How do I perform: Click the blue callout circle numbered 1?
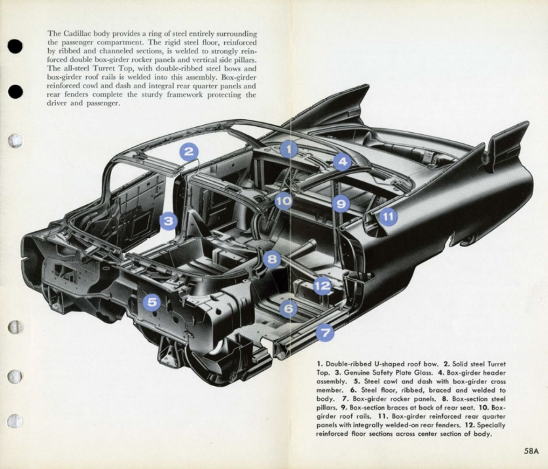tap(289, 149)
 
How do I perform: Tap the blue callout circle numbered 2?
tap(189, 152)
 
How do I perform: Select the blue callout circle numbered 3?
tap(169, 221)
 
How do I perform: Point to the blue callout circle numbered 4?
tap(343, 162)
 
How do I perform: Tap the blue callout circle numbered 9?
tap(341, 204)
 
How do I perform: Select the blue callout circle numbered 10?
tap(283, 202)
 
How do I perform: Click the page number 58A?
tap(530, 451)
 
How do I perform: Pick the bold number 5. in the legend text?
tap(357, 382)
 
